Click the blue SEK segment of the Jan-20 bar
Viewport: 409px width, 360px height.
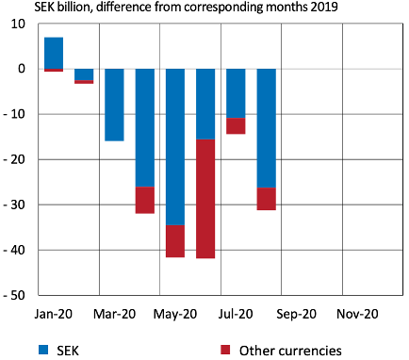[54, 53]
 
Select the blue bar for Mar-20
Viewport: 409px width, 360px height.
[114, 105]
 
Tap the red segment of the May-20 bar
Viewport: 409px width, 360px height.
[174, 241]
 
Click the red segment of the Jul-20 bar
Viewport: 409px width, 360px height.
[236, 126]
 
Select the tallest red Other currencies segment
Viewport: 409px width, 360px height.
[205, 198]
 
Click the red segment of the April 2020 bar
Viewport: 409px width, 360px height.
[144, 200]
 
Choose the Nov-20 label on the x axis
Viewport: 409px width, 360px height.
[357, 315]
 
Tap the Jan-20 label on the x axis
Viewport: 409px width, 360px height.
[54, 315]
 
